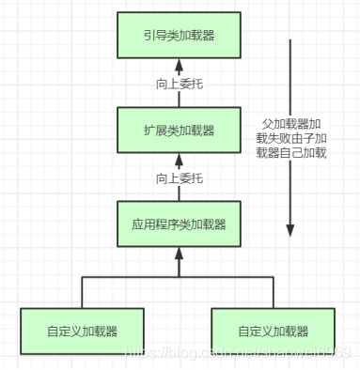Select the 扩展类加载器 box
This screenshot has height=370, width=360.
pos(180,131)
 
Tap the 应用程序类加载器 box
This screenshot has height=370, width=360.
pos(180,224)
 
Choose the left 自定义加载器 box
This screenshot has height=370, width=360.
pos(83,330)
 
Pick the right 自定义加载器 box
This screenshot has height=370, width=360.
pos(274,330)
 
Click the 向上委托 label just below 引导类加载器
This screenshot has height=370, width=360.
pos(180,83)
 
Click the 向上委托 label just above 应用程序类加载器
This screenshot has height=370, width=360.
pos(180,177)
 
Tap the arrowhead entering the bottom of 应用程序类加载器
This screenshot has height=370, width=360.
pos(180,254)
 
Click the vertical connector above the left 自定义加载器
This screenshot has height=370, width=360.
pos(83,292)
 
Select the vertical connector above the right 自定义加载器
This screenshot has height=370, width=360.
pos(274,292)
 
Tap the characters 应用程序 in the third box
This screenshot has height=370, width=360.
pos(157,224)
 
